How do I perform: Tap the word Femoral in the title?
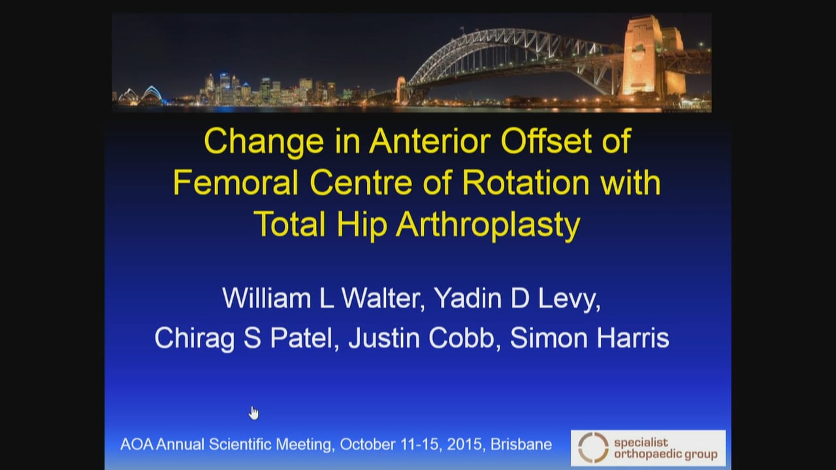click(x=236, y=183)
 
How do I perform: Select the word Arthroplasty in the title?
click(x=488, y=225)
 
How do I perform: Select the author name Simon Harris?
click(x=589, y=338)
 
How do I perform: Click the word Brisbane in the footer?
click(x=521, y=445)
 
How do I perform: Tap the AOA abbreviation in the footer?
click(x=135, y=445)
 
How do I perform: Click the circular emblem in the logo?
click(x=593, y=448)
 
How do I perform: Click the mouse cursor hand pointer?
click(x=254, y=413)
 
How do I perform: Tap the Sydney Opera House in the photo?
click(x=144, y=96)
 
